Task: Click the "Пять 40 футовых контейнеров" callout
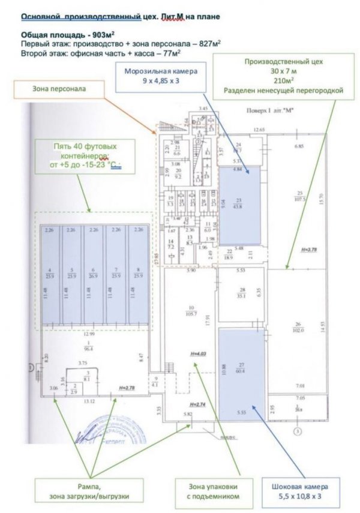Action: pos(82,155)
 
